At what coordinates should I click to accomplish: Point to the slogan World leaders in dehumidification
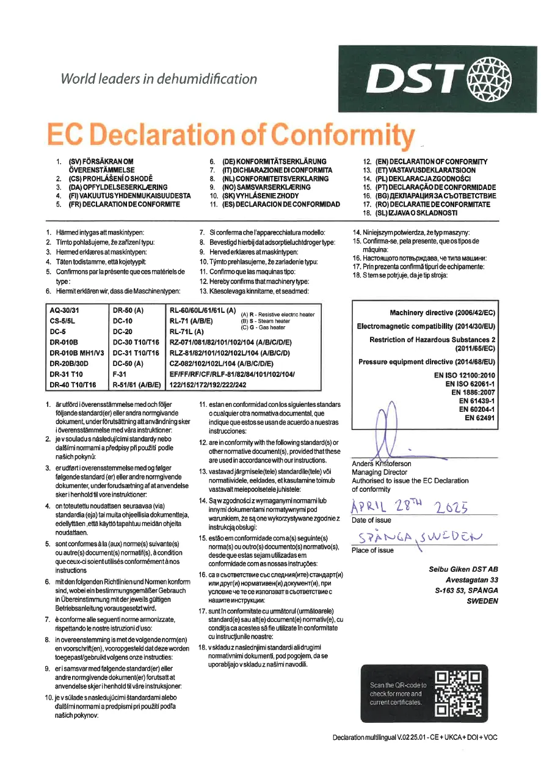(x=158, y=78)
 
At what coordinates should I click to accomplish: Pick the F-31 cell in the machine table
(x=120, y=374)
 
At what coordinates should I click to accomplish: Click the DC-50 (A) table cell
(x=128, y=363)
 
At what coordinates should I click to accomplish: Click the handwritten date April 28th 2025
(x=410, y=506)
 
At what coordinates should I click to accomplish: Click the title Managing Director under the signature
(x=379, y=472)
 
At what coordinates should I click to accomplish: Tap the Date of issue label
(x=372, y=521)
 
